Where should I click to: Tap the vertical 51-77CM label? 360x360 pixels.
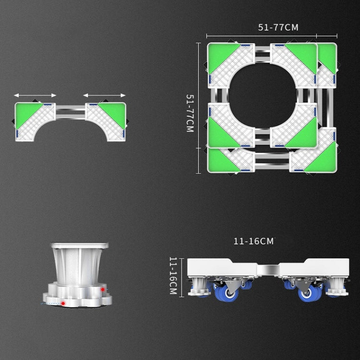[x=190, y=113]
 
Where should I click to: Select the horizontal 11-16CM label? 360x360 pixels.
[x=253, y=241]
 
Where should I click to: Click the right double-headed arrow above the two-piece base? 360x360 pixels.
[x=104, y=95]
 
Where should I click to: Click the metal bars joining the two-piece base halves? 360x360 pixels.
[x=71, y=112]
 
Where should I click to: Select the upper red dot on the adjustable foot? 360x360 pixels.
[x=102, y=289]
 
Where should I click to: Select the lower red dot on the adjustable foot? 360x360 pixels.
[x=62, y=303]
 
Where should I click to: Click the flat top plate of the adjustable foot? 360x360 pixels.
[x=80, y=246]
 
